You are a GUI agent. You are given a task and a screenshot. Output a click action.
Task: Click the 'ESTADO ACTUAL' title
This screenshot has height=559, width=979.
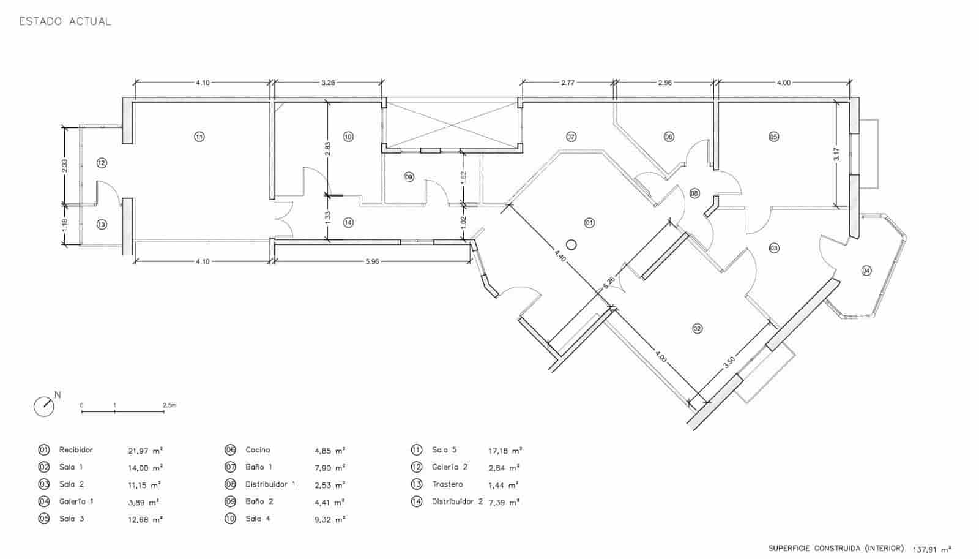[x=65, y=21]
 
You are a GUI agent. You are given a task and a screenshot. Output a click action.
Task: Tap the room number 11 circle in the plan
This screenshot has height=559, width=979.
[x=199, y=137]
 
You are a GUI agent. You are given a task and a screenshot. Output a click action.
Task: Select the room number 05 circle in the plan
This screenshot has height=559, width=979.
[x=773, y=137]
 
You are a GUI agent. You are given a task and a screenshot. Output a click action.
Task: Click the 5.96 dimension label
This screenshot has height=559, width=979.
[x=372, y=261]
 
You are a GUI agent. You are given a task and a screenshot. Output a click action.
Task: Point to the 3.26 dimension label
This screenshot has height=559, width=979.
[x=328, y=83]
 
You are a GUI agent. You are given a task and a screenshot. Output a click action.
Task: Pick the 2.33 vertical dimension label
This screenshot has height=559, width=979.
[x=65, y=165]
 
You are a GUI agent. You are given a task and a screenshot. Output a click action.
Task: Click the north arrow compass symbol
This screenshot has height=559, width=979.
[x=44, y=406]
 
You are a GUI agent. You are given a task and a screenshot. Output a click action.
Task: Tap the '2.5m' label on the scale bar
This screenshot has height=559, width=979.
[x=169, y=405]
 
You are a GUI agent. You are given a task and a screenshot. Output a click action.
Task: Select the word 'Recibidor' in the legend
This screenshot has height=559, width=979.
[x=76, y=450]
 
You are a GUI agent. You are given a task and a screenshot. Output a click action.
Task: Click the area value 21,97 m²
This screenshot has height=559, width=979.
[x=145, y=451]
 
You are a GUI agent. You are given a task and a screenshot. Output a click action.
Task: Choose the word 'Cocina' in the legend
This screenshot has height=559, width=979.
[x=258, y=450]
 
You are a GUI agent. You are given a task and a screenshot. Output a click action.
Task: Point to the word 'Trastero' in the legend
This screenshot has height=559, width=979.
[x=447, y=484]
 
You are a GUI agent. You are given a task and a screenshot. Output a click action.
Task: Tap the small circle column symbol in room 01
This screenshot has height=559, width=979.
[x=571, y=245]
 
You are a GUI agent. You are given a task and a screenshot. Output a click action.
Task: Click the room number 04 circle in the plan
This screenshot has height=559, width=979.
[x=866, y=270]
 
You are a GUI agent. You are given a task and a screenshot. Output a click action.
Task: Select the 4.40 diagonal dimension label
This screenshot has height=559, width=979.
[x=560, y=255]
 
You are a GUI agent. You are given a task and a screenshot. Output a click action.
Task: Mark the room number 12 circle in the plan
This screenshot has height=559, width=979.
[x=102, y=163]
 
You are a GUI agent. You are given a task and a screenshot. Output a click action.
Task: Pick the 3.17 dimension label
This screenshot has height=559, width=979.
[x=836, y=154]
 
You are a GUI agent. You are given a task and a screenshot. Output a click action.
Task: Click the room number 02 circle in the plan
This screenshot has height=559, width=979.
[x=697, y=329]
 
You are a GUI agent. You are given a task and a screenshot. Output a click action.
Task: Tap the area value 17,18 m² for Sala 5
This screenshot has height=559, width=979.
[x=505, y=451]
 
